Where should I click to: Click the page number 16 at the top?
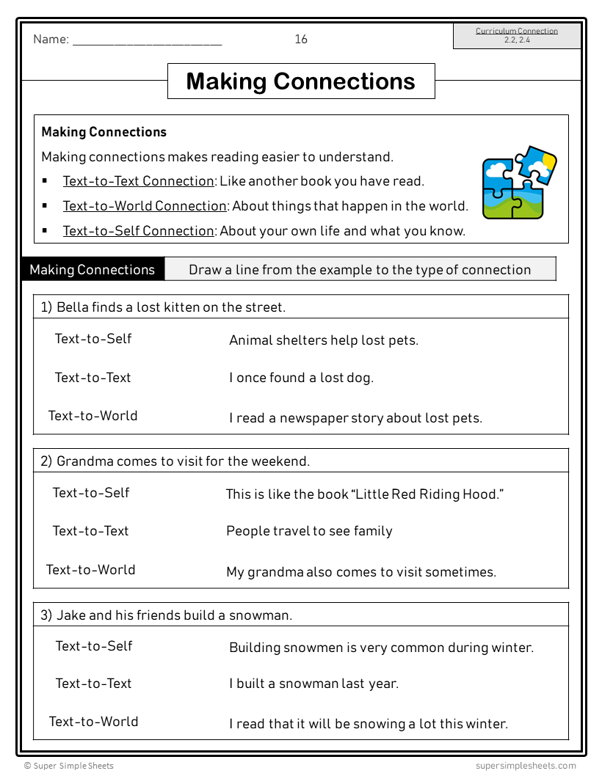point(301,40)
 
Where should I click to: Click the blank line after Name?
point(147,42)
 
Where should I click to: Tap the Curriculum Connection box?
point(517,36)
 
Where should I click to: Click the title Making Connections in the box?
point(301,81)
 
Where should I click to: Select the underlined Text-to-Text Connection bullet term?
point(138,181)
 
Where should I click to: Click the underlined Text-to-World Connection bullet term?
point(145,206)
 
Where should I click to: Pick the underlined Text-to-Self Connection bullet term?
point(138,231)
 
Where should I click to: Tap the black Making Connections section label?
point(93,269)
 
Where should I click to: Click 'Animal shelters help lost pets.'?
point(324,340)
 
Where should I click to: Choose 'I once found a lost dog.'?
point(301,378)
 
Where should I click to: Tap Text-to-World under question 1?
point(93,416)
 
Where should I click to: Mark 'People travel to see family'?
point(309,531)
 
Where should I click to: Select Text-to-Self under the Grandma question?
point(91,493)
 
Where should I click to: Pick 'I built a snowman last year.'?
point(313,684)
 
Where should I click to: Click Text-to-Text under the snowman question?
point(93,684)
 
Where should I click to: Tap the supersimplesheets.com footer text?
point(525,766)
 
